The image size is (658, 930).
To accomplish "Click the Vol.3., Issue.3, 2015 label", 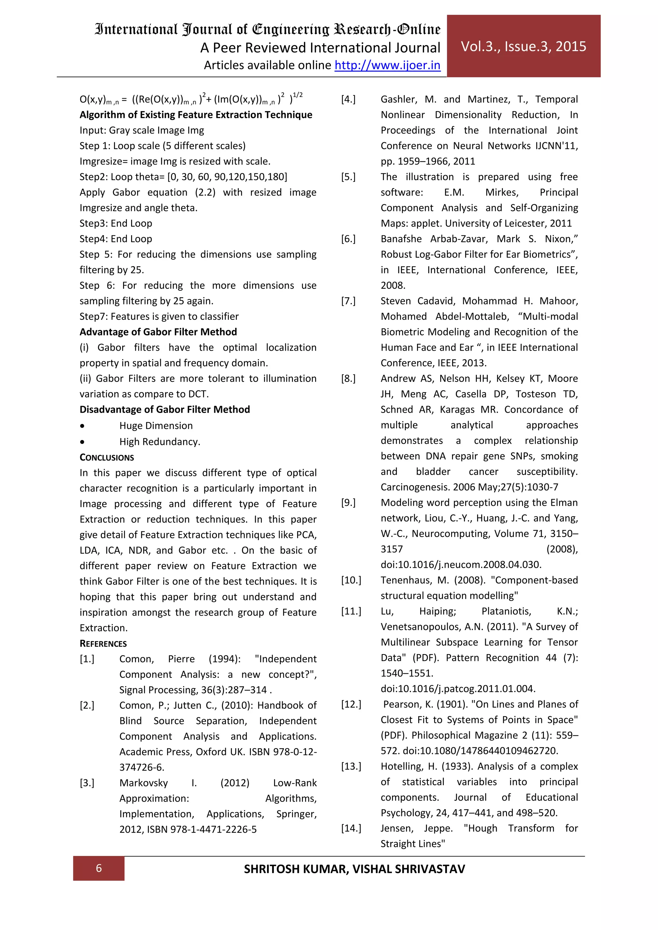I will [x=523, y=47].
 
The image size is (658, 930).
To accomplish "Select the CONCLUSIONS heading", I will [x=107, y=457].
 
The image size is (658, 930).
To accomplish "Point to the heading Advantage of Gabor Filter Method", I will [x=158, y=332].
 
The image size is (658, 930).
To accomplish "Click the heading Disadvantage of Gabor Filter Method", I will [x=164, y=409].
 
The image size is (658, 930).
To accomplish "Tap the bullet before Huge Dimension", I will [x=82, y=426].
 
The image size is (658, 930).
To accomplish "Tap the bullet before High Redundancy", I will [x=82, y=442].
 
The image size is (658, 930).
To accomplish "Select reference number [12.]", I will [x=351, y=704].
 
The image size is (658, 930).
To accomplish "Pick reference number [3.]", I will [x=87, y=783].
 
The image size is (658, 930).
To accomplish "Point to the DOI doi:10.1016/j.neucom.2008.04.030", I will [x=461, y=564].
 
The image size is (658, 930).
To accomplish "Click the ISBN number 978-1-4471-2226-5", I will [x=214, y=829].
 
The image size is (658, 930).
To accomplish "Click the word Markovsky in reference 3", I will [x=143, y=783].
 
